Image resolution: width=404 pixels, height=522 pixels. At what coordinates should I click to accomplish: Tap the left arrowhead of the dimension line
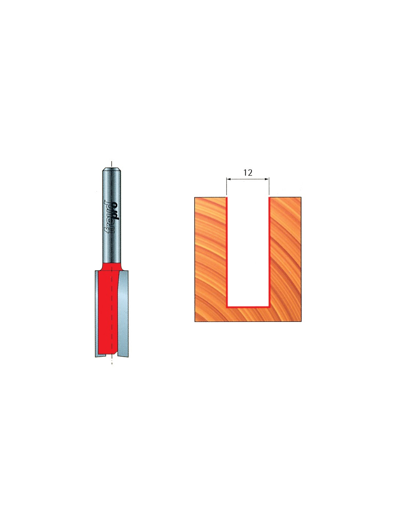click(x=228, y=179)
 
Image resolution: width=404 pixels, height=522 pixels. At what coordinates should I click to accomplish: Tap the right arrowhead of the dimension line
click(x=267, y=179)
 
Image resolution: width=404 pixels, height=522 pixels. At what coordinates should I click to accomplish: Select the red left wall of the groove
click(x=227, y=252)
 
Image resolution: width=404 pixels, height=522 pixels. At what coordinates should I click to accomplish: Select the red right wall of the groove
click(x=269, y=252)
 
